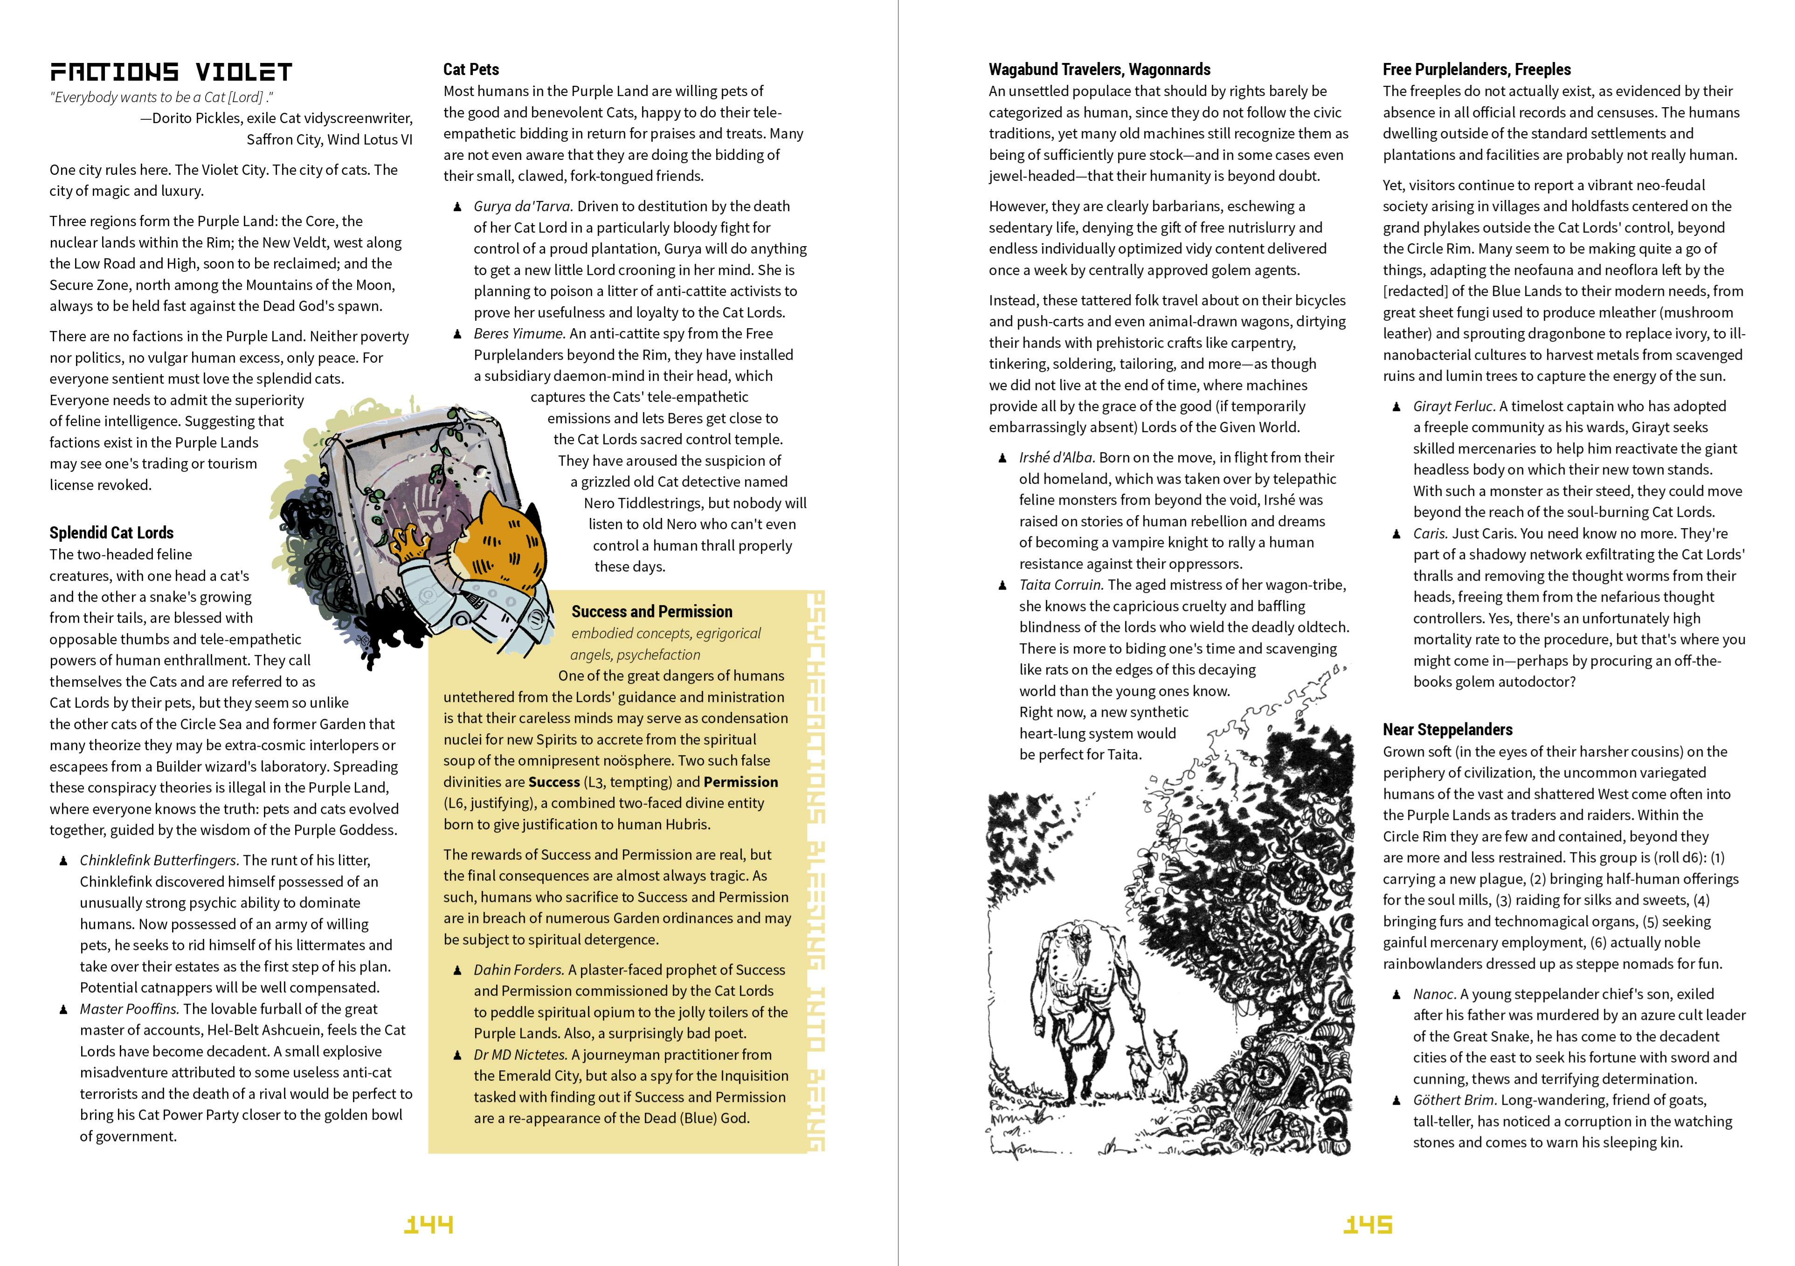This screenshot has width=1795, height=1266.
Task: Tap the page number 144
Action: point(428,1225)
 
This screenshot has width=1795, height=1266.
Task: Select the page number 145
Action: point(1367,1225)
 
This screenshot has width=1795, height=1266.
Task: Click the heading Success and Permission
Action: point(651,612)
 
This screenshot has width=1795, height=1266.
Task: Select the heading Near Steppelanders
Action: point(1447,730)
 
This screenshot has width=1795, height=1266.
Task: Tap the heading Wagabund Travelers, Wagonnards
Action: point(1099,69)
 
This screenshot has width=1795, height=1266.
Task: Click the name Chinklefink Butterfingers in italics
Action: point(159,860)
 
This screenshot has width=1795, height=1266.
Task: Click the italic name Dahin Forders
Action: point(518,970)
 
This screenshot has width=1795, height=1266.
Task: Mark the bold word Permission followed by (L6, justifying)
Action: point(740,782)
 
